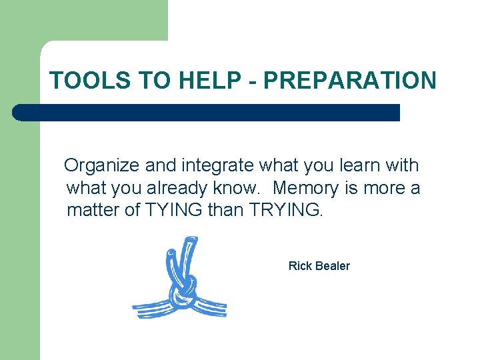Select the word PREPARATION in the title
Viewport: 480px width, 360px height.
point(351,81)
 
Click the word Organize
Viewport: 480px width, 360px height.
point(101,165)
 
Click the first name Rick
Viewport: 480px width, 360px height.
point(299,266)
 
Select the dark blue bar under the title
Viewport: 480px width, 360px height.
point(207,113)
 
